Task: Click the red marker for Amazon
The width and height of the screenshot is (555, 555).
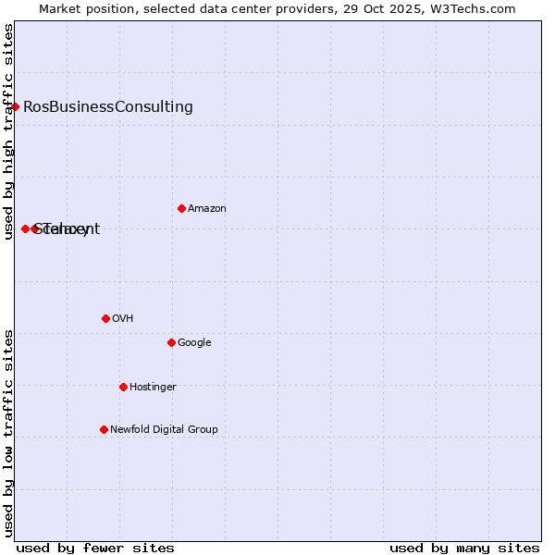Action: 181,208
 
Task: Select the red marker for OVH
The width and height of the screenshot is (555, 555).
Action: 105,318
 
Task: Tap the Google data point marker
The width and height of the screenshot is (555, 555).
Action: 171,342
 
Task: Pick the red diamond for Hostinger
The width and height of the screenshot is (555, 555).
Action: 123,387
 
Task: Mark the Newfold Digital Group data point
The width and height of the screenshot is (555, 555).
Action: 104,429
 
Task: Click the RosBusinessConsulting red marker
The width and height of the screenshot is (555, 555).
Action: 15,106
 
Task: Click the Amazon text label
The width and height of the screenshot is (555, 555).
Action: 206,209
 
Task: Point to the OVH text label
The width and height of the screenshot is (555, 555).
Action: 122,319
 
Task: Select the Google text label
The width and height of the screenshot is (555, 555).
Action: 194,343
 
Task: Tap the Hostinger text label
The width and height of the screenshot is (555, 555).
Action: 153,388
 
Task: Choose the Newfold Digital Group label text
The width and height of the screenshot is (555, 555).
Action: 164,429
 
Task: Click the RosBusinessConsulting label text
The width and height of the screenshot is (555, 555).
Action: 108,106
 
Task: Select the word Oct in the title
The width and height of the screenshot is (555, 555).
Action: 393,9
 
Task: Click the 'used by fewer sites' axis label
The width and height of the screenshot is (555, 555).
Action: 95,548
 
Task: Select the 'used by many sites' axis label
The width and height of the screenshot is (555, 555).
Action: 464,548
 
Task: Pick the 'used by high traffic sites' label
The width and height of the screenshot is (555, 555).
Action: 8,131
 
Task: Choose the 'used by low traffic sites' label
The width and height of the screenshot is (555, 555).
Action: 8,433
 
